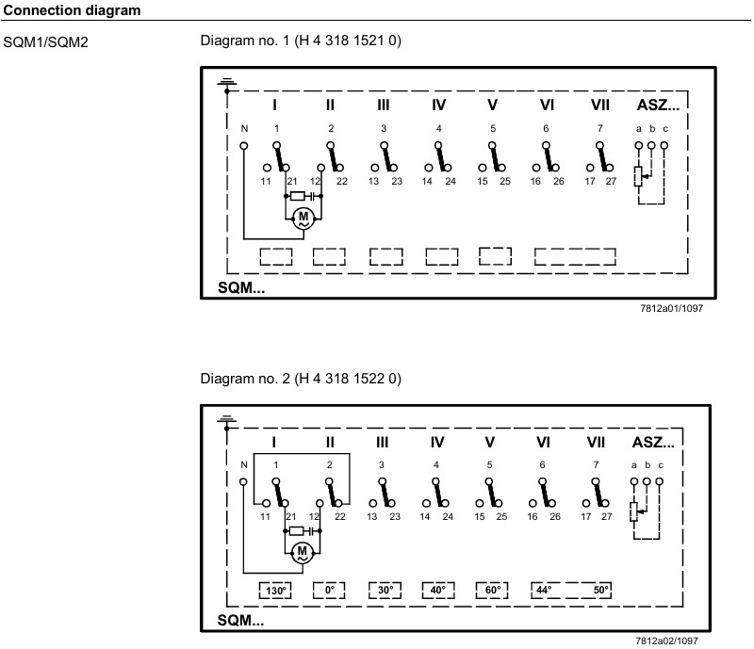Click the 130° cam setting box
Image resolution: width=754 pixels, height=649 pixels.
[275, 591]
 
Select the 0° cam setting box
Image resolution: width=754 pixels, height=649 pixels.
[330, 591]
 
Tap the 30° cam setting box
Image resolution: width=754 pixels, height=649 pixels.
[385, 591]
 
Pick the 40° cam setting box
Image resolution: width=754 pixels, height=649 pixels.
[437, 591]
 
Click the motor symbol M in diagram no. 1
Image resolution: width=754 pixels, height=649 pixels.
[303, 218]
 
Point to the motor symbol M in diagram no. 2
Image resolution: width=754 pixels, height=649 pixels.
[303, 552]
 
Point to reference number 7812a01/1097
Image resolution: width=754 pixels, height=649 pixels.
[670, 308]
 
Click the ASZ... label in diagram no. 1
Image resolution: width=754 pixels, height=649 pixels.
[658, 104]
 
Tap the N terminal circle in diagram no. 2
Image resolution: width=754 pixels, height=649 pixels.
[244, 481]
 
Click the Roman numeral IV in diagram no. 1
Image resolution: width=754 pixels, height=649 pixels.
[438, 105]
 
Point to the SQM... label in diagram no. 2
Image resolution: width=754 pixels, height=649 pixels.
[241, 622]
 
